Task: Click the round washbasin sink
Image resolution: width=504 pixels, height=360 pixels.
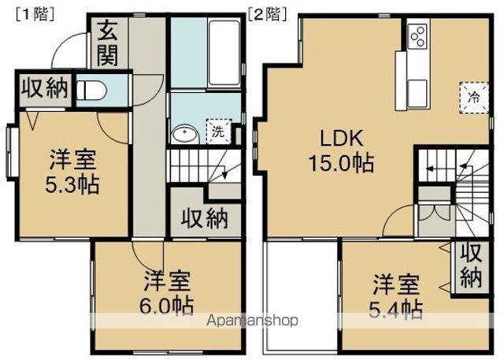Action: click(x=184, y=133)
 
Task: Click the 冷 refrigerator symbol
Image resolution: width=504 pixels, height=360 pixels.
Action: click(x=474, y=98)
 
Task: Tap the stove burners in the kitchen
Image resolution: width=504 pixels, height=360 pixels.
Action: click(x=418, y=35)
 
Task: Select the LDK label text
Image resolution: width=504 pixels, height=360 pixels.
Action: click(x=340, y=139)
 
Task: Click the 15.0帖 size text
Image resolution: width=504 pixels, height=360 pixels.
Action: click(x=340, y=165)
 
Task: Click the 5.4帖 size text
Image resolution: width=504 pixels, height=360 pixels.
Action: click(x=397, y=307)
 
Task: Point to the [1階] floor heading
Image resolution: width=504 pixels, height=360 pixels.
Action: click(x=31, y=13)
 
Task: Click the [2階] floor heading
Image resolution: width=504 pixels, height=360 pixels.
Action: click(x=266, y=13)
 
